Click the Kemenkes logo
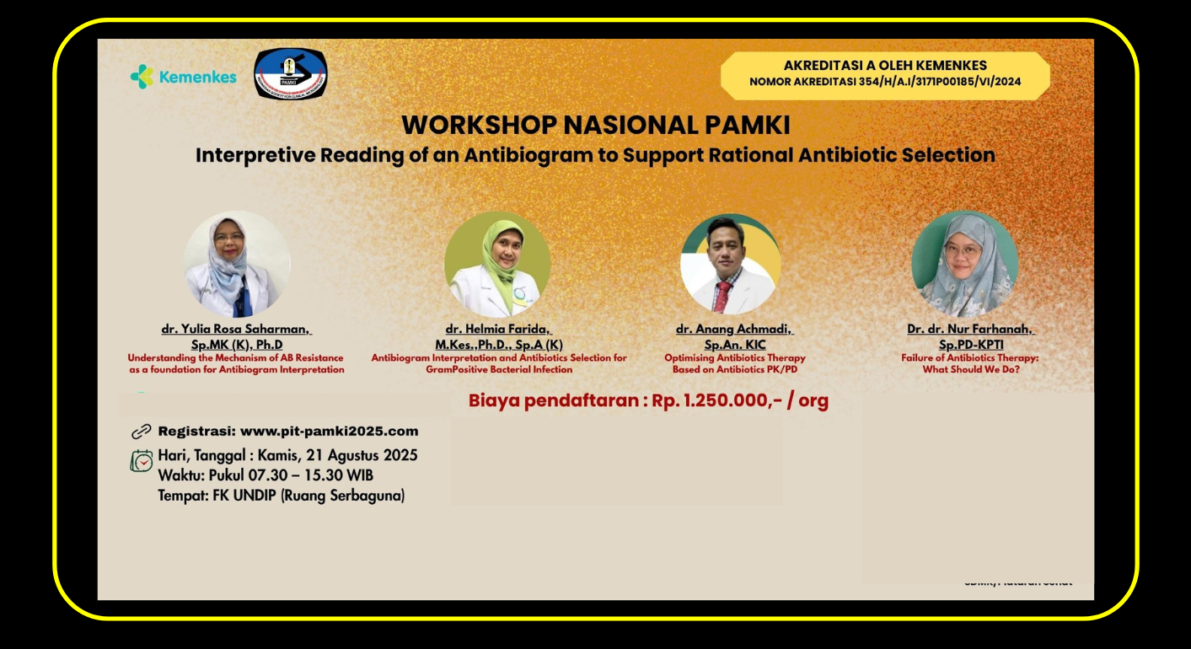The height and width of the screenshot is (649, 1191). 184,77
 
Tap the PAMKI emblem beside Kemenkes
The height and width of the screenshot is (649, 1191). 291,74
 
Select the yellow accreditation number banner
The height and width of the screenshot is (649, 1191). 885,74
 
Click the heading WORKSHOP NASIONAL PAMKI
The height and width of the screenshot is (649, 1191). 595,125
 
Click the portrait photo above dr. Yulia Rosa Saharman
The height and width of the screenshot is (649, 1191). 237,264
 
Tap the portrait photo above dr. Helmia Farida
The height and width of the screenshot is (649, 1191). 497,264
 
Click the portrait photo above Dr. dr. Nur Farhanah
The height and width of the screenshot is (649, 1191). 964,264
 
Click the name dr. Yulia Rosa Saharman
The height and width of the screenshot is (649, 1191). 236,330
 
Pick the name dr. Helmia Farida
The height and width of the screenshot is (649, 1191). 499,330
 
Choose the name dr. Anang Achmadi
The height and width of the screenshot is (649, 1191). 734,330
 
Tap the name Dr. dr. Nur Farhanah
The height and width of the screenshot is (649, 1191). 970,330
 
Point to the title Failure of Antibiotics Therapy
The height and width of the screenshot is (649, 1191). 970,357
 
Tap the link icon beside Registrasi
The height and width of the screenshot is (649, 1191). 141,432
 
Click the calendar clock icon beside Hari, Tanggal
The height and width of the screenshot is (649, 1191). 141,461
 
